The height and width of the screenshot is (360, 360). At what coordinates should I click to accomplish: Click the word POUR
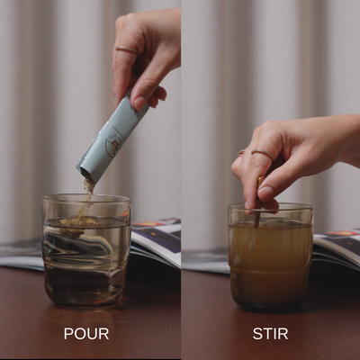(x=86, y=334)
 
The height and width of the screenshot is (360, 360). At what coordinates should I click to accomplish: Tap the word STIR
(x=270, y=334)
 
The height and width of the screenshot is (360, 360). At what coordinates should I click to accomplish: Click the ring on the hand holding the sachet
(x=127, y=50)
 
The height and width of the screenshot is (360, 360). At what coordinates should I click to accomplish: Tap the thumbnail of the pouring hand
(x=140, y=103)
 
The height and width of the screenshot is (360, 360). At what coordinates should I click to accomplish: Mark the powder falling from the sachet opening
(x=88, y=192)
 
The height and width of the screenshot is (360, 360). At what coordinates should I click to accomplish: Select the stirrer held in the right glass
(x=258, y=201)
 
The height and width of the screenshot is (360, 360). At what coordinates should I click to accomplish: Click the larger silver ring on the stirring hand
(x=263, y=153)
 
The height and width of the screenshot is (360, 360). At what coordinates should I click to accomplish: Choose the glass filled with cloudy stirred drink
(x=270, y=257)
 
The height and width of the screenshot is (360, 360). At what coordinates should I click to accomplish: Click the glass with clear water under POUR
(x=86, y=251)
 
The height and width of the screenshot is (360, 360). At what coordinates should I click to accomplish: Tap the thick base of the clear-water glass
(x=85, y=300)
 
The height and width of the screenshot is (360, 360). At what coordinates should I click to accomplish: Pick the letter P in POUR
(x=68, y=334)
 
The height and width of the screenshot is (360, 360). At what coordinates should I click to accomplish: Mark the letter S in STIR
(x=257, y=334)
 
